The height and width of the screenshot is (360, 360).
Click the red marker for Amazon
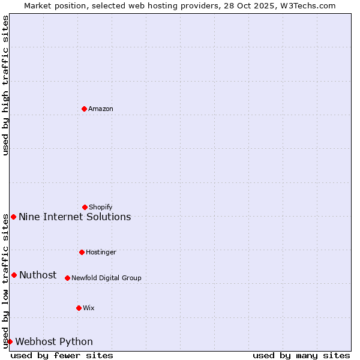coord(84,109)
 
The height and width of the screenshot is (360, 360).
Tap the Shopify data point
coord(85,207)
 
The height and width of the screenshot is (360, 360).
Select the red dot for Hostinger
coord(82,252)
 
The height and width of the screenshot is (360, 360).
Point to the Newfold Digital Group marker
coord(67,278)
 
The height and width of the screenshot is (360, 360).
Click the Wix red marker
coord(79,308)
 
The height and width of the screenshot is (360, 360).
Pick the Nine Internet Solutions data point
coord(13,217)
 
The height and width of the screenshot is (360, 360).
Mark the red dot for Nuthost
coord(14,275)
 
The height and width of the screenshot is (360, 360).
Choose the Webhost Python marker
coord(10,341)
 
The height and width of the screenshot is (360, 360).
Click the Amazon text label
coord(101,109)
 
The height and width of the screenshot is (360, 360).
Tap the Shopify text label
coord(101,207)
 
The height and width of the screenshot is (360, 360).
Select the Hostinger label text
coord(101,252)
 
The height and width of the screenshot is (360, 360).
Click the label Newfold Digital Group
coord(106,278)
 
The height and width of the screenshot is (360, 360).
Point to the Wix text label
coord(89,308)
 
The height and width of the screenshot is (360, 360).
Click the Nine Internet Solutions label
coord(74,217)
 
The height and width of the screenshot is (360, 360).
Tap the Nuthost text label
coord(38,275)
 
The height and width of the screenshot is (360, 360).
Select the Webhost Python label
coord(54,341)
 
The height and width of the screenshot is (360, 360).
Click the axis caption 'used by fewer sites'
coord(62,355)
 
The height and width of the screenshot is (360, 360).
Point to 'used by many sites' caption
coord(301,355)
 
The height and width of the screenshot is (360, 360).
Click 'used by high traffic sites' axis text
coord(5,85)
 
